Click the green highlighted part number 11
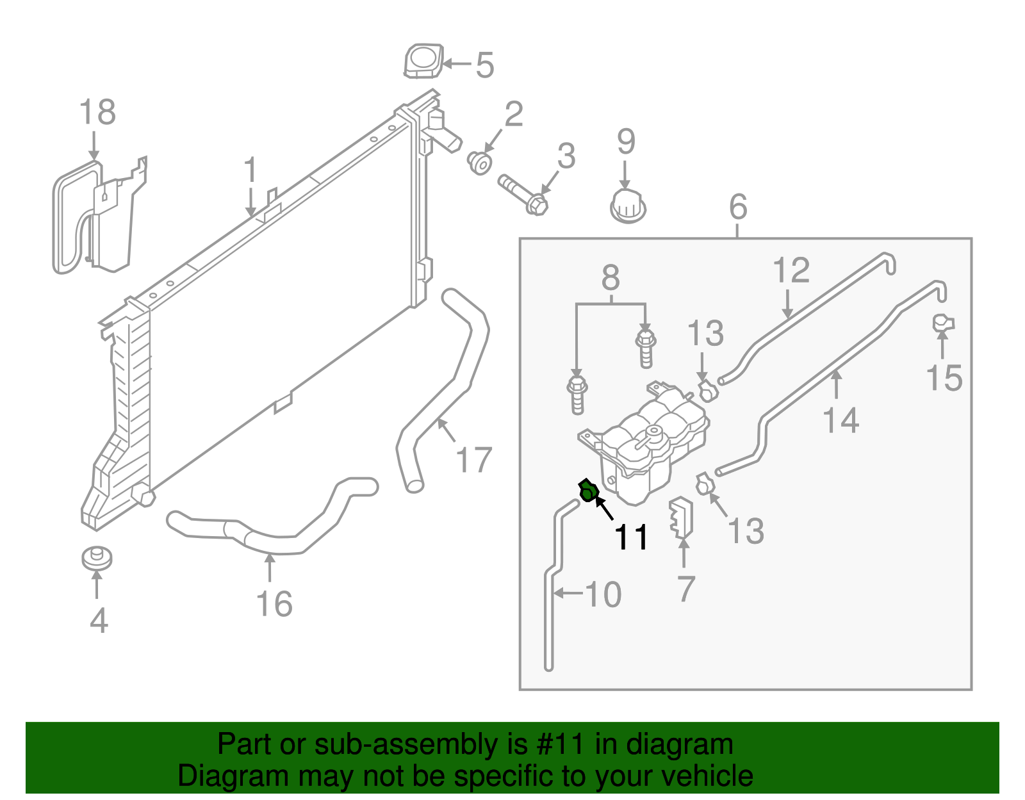click(588, 491)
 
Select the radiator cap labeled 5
click(423, 61)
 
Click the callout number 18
click(97, 113)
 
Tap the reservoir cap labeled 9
click(627, 206)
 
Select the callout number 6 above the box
click(738, 207)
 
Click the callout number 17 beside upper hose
click(473, 460)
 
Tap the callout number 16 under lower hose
click(274, 604)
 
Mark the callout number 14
click(840, 421)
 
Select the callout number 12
click(791, 271)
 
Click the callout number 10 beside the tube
click(603, 594)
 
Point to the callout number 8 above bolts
click(611, 278)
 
